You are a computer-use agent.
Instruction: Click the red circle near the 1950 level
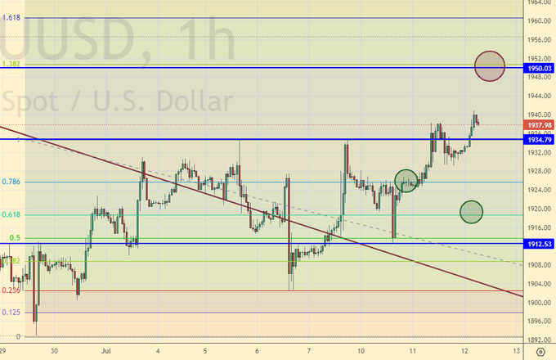489,66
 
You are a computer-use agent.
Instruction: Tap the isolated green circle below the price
471,212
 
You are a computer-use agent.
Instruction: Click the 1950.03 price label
538,67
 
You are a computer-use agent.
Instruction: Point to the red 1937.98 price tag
538,124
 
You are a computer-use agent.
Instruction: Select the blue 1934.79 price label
538,140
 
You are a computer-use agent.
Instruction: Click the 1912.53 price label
538,244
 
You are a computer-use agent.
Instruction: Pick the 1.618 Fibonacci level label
11,16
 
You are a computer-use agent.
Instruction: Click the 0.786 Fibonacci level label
11,182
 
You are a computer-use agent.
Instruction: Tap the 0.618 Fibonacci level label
11,214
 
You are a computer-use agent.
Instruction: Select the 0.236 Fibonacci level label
11,290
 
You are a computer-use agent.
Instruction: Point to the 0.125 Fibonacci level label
11,312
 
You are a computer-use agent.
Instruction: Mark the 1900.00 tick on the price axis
538,303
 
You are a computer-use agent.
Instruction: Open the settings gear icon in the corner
540,350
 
